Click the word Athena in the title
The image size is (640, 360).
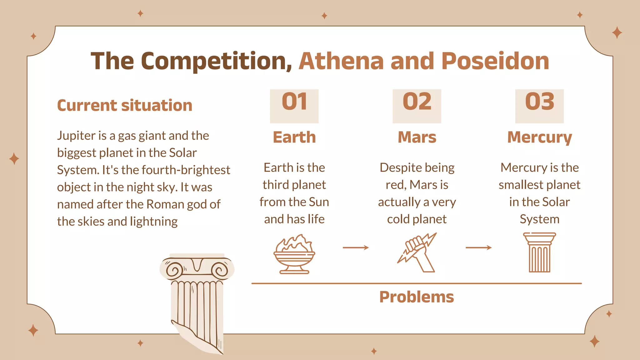tap(341, 61)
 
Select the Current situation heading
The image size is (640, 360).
tap(124, 105)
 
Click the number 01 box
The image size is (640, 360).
tap(294, 106)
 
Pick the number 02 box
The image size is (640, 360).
tap(417, 106)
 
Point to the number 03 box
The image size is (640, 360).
tap(539, 106)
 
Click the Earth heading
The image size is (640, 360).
tap(294, 137)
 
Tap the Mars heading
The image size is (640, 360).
tap(417, 137)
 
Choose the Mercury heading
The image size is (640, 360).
tap(539, 137)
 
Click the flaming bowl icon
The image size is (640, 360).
tap(294, 254)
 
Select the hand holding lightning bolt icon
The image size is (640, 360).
tap(417, 252)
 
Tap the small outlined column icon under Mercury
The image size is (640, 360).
tap(539, 252)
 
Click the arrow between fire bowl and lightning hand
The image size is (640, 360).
tap(356, 248)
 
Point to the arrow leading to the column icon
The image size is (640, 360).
tap(478, 248)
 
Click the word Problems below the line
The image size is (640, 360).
tap(417, 297)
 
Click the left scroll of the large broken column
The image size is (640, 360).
tap(174, 270)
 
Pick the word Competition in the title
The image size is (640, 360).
tap(216, 61)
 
